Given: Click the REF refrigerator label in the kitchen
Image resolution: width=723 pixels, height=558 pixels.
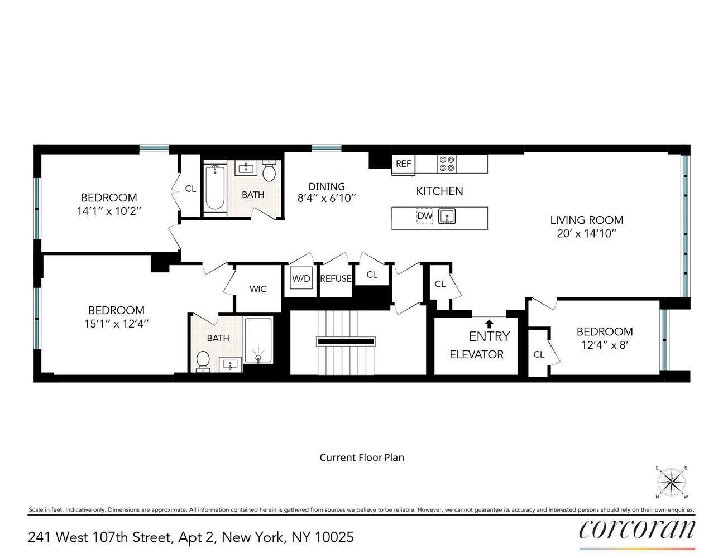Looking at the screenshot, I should coord(403,163).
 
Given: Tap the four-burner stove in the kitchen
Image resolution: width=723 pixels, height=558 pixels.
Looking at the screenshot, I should coord(447,163).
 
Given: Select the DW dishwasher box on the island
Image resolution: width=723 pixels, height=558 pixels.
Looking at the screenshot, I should coord(425,216).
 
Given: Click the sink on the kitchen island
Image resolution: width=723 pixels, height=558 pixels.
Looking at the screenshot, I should coord(447,216).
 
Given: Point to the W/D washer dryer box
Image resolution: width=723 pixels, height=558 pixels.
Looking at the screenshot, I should coord(301,278).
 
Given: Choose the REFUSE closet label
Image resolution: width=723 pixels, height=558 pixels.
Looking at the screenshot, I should coord(336,278).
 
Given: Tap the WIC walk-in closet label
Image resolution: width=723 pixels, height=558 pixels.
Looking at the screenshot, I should coord(258,289).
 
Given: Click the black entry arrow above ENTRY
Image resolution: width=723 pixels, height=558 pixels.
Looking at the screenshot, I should coord(489,324).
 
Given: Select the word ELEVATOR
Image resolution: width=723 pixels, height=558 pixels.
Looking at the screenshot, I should coord(476,354).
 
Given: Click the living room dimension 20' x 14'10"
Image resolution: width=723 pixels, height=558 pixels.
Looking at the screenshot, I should coord(586,234).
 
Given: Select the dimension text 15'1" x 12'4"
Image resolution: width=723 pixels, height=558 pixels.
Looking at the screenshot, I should coord(116,324).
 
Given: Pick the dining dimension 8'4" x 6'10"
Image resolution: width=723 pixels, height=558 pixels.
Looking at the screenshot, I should coord(327,198).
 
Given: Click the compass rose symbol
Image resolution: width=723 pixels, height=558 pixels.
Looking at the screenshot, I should coord(671,482).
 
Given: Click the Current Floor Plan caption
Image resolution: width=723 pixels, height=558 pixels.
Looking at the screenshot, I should coord(362,458).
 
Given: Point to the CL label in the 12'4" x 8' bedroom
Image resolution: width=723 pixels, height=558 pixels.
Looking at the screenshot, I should coord(539,354).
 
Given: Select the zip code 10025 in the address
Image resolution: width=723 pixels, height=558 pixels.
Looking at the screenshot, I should coord(334,537).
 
